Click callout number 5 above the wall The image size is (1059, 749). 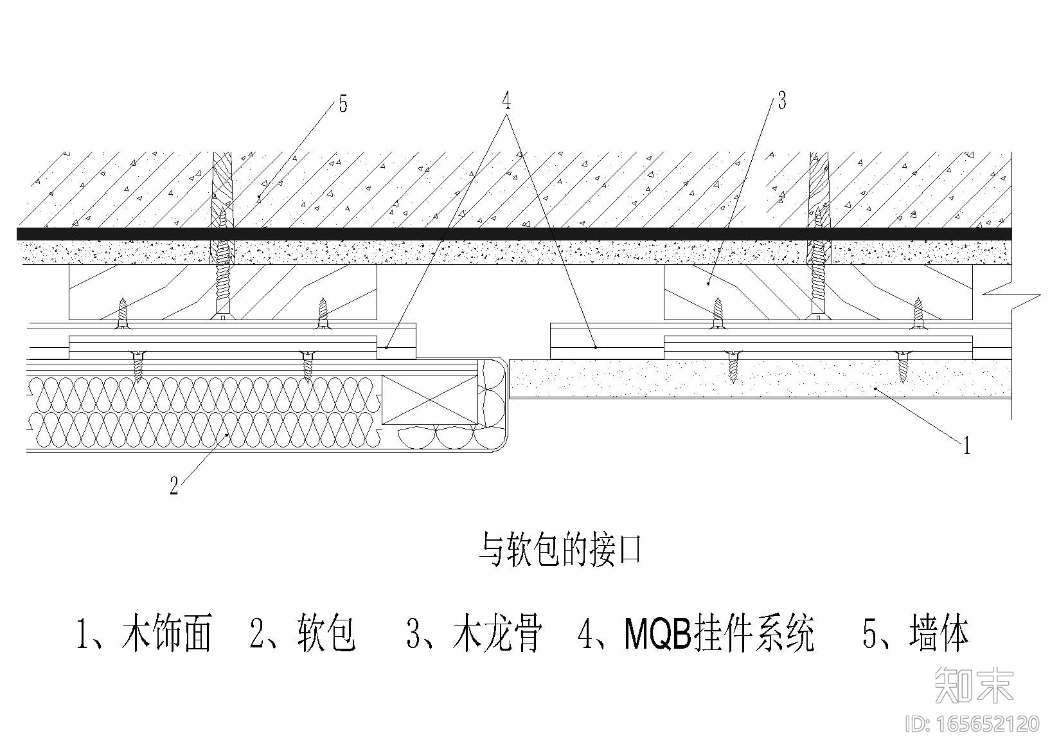(343, 104)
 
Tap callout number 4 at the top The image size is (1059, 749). (506, 101)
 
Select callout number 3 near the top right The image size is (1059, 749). (781, 100)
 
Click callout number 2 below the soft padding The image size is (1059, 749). (174, 486)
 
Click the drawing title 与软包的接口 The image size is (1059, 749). (560, 550)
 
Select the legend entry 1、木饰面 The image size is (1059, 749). (144, 633)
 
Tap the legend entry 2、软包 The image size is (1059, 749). (303, 633)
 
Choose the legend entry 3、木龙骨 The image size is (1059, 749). (475, 633)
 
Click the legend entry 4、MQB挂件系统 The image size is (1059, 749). (697, 633)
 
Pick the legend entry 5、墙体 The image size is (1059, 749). (915, 633)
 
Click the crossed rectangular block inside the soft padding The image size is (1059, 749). (429, 400)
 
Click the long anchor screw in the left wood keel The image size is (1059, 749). (223, 270)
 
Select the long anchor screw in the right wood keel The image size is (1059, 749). (817, 270)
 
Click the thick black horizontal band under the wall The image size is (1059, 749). (514, 233)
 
